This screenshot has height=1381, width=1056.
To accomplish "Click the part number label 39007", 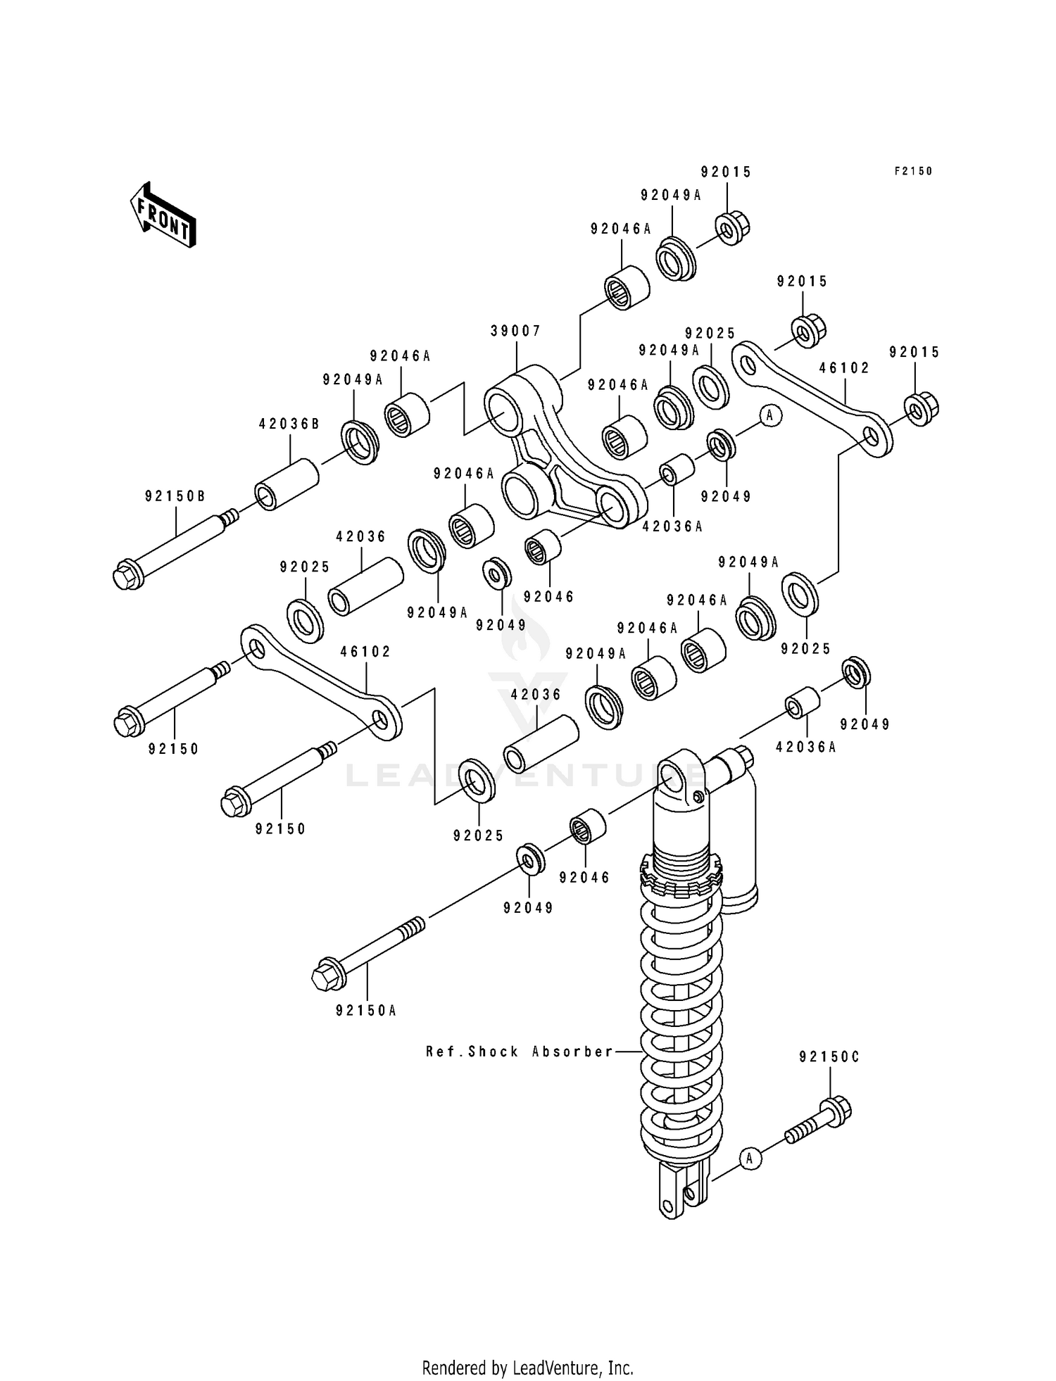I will coord(516,331).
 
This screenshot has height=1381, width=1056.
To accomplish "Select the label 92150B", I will coord(175,496).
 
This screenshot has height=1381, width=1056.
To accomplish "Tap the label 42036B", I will coord(289,424).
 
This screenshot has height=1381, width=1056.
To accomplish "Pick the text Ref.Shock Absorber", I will coord(520,1052).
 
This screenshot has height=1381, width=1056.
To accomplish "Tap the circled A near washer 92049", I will coord(769,415).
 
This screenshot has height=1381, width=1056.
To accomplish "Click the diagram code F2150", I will coord(913,171).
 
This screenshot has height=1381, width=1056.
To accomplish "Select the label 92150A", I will coord(366,1011).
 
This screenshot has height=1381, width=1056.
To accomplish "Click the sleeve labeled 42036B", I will coord(287,484).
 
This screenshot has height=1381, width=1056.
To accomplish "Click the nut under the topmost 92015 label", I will coord(733,227).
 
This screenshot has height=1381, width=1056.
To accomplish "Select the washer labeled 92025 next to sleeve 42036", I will coord(306,621).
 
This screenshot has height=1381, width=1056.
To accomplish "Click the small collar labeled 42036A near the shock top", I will coord(802,704).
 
